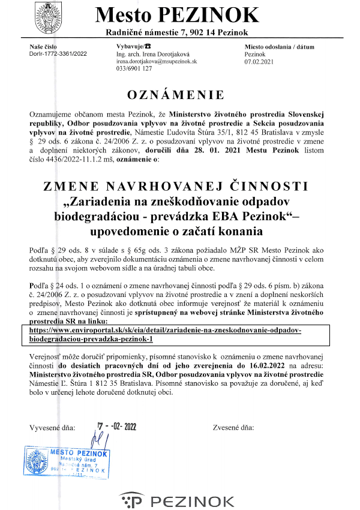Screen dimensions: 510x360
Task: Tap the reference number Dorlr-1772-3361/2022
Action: click(58, 54)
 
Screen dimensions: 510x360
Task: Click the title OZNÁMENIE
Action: click(176, 95)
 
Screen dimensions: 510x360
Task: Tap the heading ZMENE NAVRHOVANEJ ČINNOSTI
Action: click(176, 186)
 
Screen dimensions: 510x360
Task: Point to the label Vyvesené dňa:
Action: click(52, 428)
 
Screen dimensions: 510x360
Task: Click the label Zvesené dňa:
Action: click(233, 428)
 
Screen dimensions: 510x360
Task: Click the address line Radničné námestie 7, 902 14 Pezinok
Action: click(176, 32)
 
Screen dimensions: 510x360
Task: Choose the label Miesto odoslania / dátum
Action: click(279, 47)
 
